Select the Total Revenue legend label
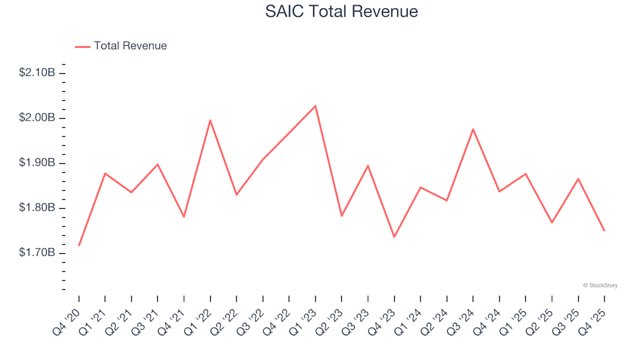coord(130,46)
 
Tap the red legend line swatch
coord(83,47)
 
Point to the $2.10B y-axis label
coord(37,73)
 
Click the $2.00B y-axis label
coord(37,118)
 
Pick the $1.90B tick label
coord(37,163)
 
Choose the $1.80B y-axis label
coord(37,208)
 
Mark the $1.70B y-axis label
coord(37,253)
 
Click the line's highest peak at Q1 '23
coord(315,106)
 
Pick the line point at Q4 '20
coord(79,245)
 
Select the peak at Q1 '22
coord(211,121)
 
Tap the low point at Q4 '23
coord(394,237)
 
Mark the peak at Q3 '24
coord(473,129)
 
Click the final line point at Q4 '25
coord(604,231)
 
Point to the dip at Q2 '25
coord(552,223)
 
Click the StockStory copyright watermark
coord(600,285)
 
